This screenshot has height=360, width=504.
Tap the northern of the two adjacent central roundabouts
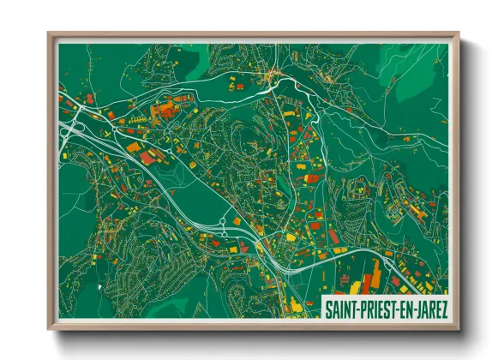pyautogui.click(x=222, y=220)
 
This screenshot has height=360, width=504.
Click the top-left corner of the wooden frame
pyautogui.click(x=49, y=34)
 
